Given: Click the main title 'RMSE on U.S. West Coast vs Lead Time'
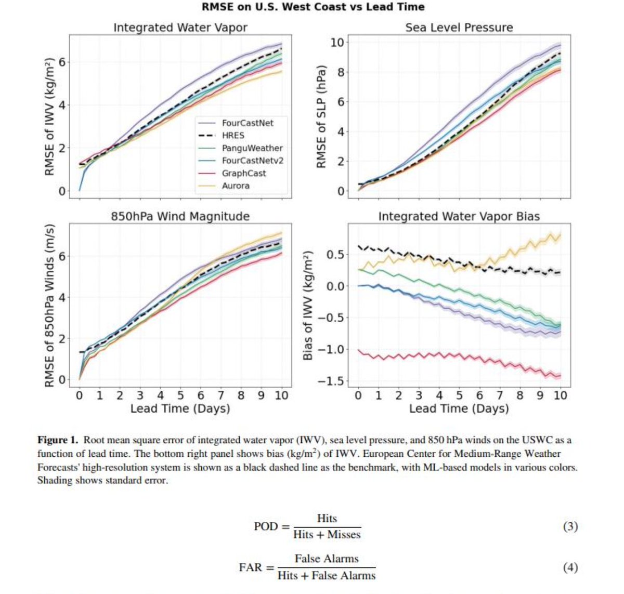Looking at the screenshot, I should click(313, 7).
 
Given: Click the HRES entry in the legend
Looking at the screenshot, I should click(233, 136).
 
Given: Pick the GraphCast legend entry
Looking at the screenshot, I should click(243, 173).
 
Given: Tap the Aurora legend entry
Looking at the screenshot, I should click(236, 186).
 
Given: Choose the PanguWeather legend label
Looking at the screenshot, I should click(252, 148).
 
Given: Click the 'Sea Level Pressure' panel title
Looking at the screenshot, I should click(459, 28).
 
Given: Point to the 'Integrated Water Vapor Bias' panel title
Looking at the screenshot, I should click(459, 216).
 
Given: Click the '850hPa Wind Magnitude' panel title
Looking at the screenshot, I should click(180, 216).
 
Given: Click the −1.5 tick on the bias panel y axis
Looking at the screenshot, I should click(330, 381).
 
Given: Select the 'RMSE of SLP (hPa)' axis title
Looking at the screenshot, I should click(321, 117).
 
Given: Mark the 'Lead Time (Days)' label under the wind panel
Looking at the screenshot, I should click(180, 408).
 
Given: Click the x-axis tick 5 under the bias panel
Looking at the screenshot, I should click(459, 395).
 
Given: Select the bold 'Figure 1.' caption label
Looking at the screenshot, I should click(58, 440).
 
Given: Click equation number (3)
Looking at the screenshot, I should click(570, 526).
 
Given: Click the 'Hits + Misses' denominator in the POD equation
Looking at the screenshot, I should click(327, 534).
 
